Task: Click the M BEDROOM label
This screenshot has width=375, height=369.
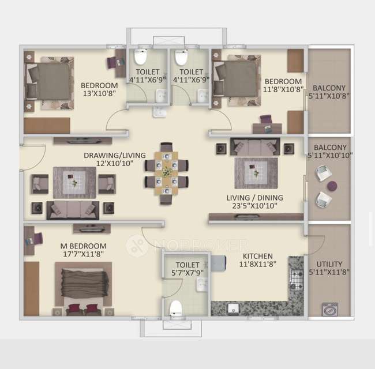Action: (84, 246)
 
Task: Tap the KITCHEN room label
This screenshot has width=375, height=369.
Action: (258, 256)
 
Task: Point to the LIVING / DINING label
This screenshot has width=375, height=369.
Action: (254, 197)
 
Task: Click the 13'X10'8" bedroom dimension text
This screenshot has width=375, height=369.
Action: (100, 93)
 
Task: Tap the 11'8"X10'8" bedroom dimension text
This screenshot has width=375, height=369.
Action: (283, 91)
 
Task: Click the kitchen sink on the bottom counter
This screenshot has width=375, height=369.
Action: (234, 308)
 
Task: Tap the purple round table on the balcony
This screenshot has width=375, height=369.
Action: (332, 186)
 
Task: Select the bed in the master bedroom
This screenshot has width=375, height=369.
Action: (83, 286)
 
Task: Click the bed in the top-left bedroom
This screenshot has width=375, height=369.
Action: (48, 81)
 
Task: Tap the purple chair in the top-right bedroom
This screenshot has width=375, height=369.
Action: (265, 120)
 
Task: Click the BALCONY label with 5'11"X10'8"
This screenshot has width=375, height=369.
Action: (329, 92)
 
